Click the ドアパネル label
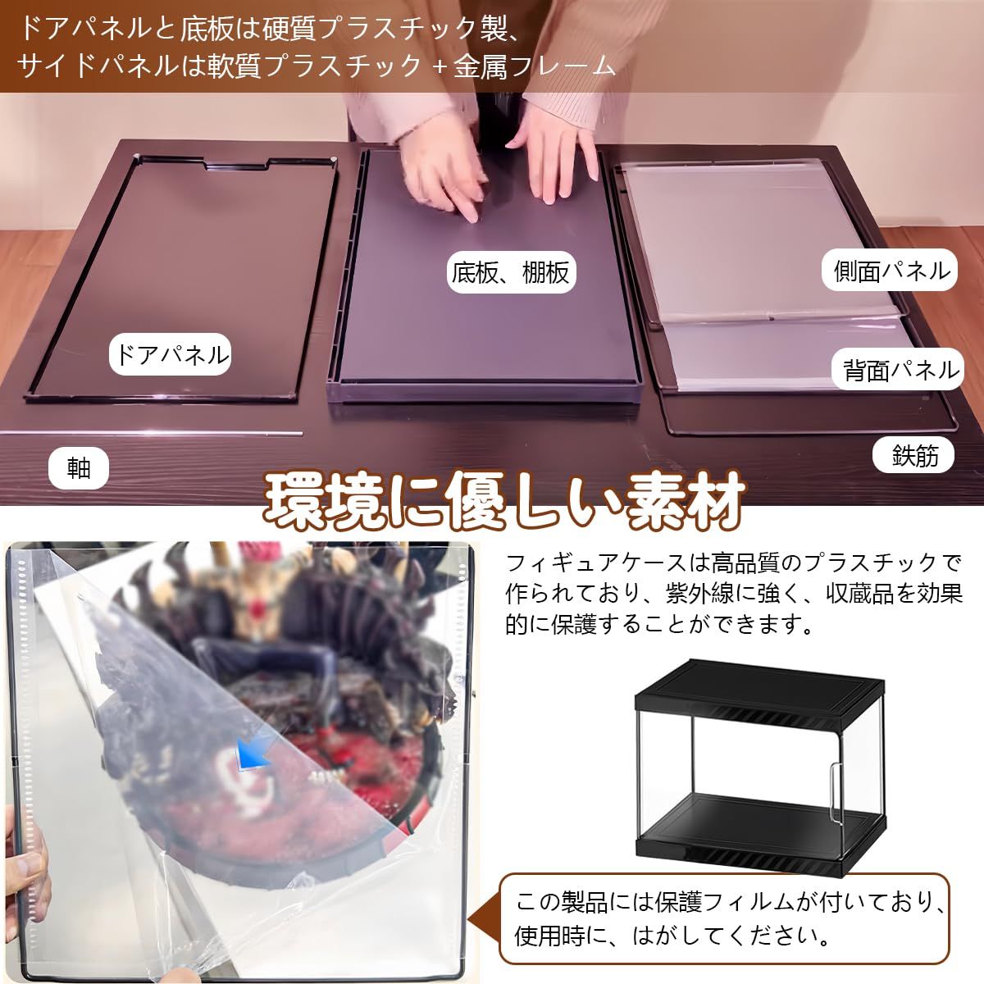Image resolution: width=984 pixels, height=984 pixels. click(x=170, y=356)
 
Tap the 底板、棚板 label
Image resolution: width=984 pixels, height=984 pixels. click(x=510, y=272)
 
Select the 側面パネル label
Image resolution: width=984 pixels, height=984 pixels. click(x=891, y=271)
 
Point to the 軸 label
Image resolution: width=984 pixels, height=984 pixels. click(x=79, y=469)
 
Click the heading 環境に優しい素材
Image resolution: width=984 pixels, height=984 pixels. click(x=503, y=498)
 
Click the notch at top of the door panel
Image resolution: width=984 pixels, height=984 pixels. click(x=238, y=166)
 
